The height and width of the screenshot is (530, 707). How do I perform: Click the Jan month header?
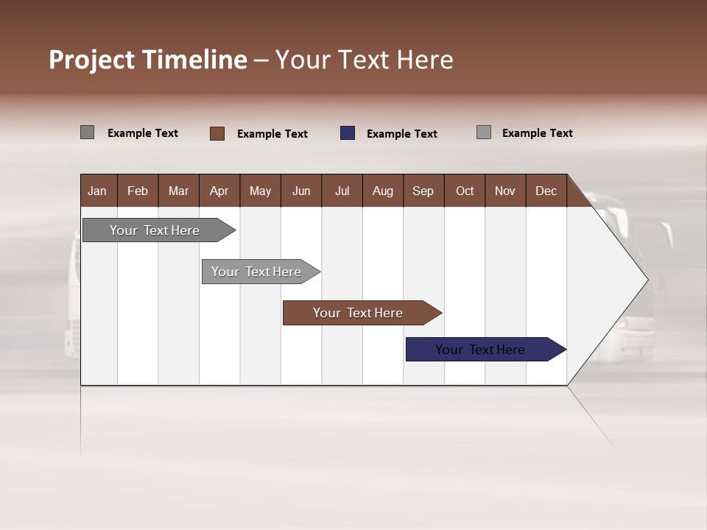pos(97,191)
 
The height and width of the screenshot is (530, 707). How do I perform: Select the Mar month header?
pos(178,191)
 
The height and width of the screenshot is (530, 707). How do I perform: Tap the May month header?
pos(260,191)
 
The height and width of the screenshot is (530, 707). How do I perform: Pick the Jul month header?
pos(342,191)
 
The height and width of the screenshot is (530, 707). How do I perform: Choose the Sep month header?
pos(423,191)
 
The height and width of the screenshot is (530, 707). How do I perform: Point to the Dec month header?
pos(546,191)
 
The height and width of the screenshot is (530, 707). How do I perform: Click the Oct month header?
pos(465,191)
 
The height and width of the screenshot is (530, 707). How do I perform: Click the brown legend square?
pos(217,133)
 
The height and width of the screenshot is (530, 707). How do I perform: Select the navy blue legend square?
pos(348,133)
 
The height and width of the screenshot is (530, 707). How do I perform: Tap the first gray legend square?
pos(88,132)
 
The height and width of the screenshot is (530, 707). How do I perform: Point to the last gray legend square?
pos(484,132)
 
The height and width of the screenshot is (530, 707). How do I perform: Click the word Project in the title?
pos(91,60)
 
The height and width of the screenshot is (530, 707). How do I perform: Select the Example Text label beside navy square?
pos(401,134)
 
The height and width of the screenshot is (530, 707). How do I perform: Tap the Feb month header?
pos(138,191)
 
